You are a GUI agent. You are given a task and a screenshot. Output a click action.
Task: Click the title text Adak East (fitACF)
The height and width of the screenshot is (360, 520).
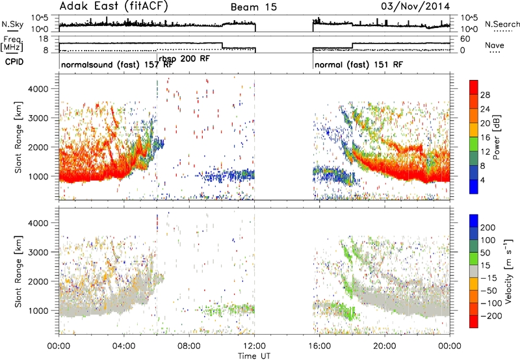pyautogui.click(x=114, y=6)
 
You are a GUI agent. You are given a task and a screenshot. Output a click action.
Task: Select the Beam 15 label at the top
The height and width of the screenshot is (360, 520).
pyautogui.click(x=253, y=7)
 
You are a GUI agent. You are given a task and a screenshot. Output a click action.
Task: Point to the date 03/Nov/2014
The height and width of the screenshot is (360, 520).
pyautogui.click(x=415, y=6)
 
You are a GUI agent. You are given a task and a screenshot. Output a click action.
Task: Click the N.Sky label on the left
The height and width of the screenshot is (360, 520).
pyautogui.click(x=12, y=24)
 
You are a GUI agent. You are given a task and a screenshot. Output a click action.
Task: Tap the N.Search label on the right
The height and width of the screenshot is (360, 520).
pyautogui.click(x=502, y=24)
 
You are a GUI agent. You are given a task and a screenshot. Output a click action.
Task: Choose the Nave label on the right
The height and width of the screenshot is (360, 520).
pyautogui.click(x=495, y=45)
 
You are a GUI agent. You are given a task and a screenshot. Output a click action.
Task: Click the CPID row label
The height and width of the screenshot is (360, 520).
pyautogui.click(x=14, y=62)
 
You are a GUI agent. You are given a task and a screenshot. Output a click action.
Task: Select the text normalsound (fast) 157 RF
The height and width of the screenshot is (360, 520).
pyautogui.click(x=117, y=64)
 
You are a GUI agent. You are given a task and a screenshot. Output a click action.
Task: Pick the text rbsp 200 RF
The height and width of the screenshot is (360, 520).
pyautogui.click(x=185, y=58)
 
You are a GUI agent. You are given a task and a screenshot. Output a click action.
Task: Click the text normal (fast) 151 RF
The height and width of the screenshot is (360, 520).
pyautogui.click(x=359, y=64)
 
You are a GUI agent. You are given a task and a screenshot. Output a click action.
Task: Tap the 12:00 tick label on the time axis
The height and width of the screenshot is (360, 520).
pyautogui.click(x=254, y=346)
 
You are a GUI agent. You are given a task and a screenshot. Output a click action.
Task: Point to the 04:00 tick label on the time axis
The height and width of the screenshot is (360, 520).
pyautogui.click(x=123, y=346)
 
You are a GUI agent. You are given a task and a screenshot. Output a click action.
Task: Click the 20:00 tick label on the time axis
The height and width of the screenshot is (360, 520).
pyautogui.click(x=385, y=346)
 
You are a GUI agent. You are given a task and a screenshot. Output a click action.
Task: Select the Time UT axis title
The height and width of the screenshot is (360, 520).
pyautogui.click(x=254, y=356)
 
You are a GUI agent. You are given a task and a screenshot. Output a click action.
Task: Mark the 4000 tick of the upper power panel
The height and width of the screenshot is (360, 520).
pyautogui.click(x=38, y=89)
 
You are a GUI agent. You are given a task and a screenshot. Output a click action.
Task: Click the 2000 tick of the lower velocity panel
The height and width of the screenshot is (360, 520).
pyautogui.click(x=38, y=281)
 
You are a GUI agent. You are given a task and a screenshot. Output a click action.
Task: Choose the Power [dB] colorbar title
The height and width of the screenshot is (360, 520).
pyautogui.click(x=496, y=137)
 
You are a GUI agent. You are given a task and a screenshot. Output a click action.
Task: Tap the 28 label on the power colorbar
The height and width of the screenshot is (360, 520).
pyautogui.click(x=485, y=95)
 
